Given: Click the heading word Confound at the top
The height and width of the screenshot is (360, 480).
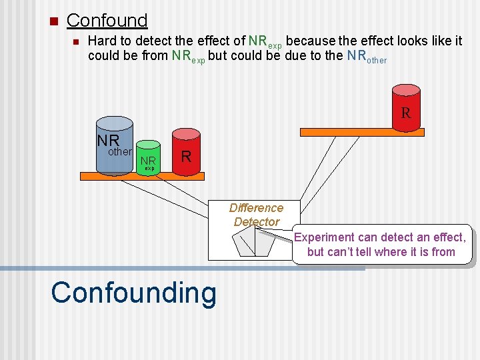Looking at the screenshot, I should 107,21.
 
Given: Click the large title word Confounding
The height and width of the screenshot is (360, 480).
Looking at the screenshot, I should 133,293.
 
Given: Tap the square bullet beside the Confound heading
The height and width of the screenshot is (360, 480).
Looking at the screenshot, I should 54,21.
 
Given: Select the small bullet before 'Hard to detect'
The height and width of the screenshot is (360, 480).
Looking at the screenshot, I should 75,42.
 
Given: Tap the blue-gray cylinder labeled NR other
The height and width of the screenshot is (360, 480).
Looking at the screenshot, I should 115,149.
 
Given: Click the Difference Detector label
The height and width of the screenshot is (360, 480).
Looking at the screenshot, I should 256,215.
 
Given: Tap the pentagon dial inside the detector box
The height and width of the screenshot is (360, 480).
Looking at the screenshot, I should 256,241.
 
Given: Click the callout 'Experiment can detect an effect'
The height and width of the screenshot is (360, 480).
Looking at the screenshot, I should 381,244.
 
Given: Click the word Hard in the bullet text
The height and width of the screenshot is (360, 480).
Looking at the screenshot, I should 102,41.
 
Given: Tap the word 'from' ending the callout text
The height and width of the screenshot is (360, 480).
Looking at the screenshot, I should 443,252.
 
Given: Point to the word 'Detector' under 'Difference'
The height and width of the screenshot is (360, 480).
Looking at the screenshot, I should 257,222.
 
